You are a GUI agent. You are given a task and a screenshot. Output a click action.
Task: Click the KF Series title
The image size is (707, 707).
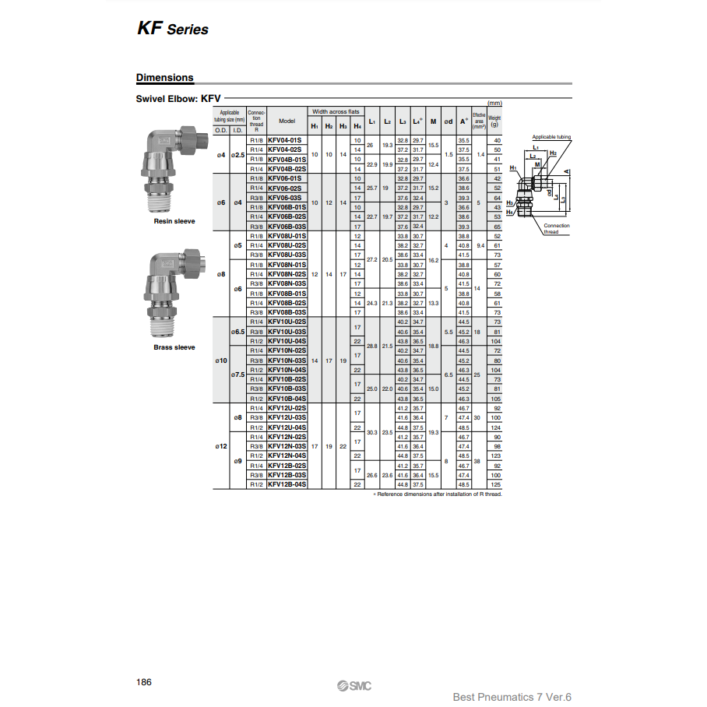(x=173, y=29)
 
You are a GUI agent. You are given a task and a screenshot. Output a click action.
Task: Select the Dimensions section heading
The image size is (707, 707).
(x=164, y=78)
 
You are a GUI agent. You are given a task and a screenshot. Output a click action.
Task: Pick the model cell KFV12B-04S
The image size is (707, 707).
(x=287, y=484)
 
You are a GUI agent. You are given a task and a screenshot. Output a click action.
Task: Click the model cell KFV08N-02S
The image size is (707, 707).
(x=287, y=274)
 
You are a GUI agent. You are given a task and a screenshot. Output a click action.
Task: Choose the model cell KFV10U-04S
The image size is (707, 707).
(x=287, y=341)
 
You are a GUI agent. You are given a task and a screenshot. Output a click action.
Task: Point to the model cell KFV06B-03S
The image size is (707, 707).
(x=287, y=227)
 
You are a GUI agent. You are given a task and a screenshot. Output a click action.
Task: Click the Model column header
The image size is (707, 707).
(x=287, y=121)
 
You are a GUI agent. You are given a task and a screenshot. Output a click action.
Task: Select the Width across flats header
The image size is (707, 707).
(x=336, y=112)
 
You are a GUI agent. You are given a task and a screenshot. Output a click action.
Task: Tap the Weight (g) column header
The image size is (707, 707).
(x=494, y=121)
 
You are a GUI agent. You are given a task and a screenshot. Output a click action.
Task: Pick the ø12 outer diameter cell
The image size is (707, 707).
(x=221, y=446)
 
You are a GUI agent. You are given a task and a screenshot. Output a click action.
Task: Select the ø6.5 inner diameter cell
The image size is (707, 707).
(x=237, y=332)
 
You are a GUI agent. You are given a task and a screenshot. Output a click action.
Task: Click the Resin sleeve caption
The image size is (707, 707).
(x=174, y=221)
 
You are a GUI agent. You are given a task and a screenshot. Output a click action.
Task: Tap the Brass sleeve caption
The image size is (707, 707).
(x=174, y=347)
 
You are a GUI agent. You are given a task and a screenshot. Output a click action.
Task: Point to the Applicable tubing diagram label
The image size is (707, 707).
(x=551, y=137)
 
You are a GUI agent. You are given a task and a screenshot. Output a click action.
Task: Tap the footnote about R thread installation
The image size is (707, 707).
(x=438, y=494)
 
